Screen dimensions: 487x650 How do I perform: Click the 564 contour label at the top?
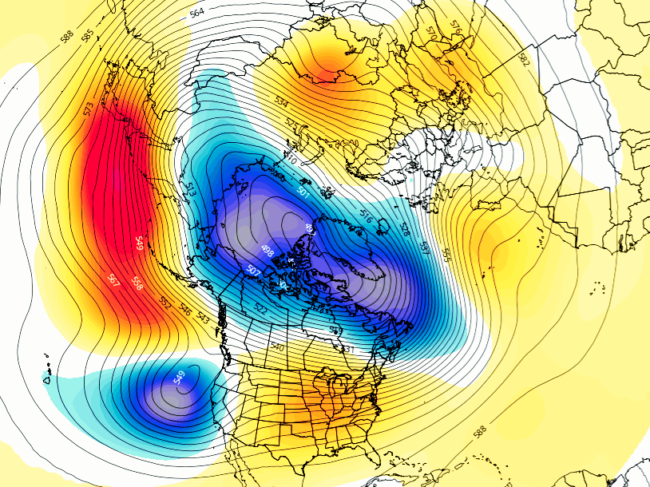coord(197,12)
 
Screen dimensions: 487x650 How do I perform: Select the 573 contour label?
coord(89,109)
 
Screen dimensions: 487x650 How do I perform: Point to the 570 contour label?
coord(432,33)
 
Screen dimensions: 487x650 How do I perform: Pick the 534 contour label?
coord(281,102)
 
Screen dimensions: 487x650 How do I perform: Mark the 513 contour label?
coord(190,189)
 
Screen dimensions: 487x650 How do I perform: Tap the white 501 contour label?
coord(303,191)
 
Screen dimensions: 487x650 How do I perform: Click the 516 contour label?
coord(367,216)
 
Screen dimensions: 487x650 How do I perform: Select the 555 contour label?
coord(446,255)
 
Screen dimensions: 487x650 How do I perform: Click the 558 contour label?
coord(137,284)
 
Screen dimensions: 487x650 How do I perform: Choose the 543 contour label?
coord(204,319)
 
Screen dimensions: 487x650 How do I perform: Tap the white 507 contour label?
coord(254,271)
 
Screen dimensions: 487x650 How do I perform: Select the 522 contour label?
coord(261,309)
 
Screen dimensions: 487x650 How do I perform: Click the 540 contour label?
coord(277,347)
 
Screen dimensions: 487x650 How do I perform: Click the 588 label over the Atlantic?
coord(479,432)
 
